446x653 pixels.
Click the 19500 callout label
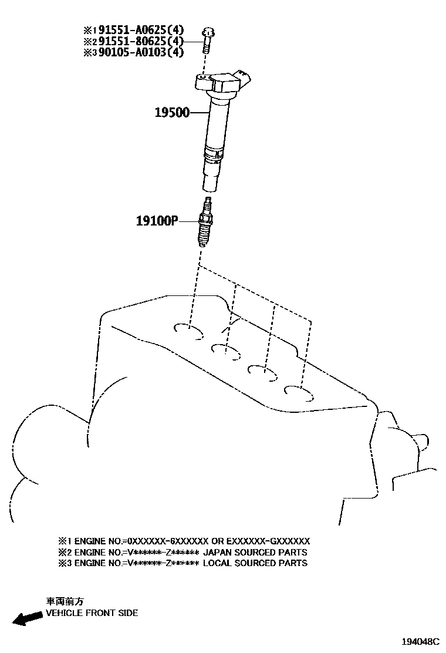(x=172, y=112)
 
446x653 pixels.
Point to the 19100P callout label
(x=157, y=221)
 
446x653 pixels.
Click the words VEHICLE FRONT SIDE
(x=92, y=613)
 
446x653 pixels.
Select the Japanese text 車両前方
(x=65, y=601)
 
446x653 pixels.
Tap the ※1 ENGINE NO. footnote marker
(x=63, y=541)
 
